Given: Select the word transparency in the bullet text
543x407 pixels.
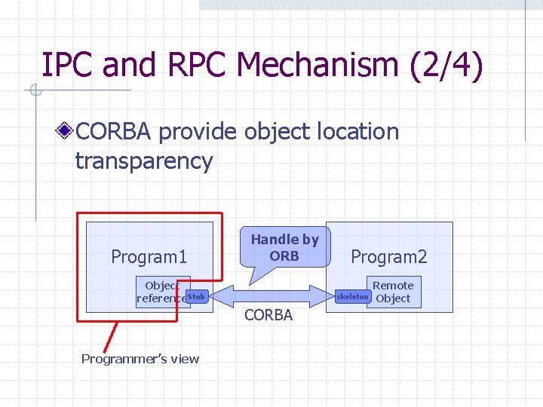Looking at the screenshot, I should [x=144, y=161].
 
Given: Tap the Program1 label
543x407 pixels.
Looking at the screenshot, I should [x=149, y=257].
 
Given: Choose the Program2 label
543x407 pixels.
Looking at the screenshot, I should [x=389, y=257].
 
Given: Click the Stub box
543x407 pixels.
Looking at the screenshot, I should [x=196, y=297].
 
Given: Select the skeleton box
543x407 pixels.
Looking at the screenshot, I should [x=353, y=297].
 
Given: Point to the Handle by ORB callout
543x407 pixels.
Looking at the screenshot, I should [x=284, y=247].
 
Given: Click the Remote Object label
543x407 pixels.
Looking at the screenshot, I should [x=393, y=292].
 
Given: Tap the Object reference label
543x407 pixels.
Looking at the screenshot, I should [x=161, y=292].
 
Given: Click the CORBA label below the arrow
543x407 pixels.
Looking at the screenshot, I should [x=268, y=315].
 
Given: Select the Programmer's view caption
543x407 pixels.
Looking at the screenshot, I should [x=140, y=359].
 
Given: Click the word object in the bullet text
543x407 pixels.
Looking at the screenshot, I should [x=275, y=131].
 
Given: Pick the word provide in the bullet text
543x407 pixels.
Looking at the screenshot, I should [x=199, y=131].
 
